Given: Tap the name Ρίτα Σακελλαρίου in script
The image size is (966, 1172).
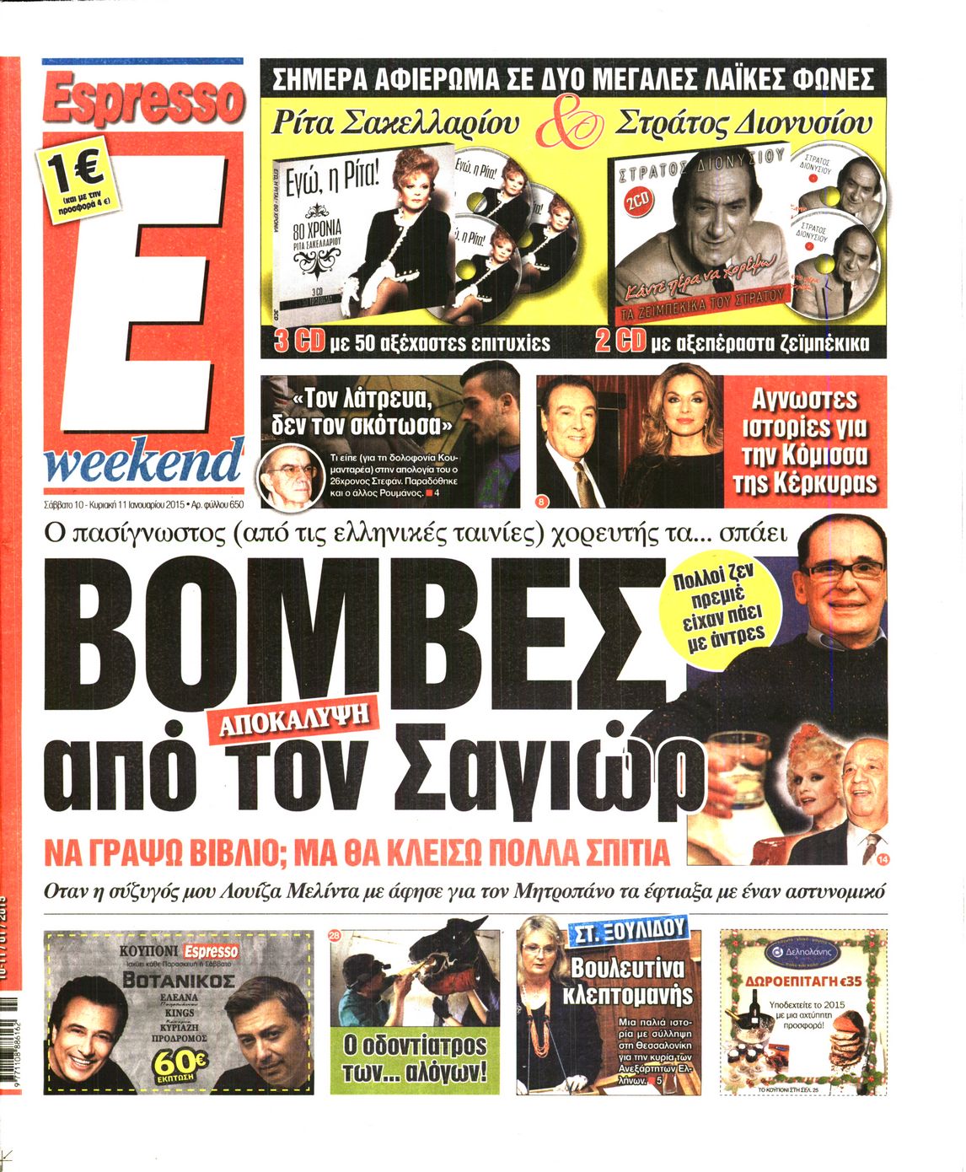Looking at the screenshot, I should tap(394, 123).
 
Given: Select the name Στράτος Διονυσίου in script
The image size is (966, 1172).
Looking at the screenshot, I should tap(743, 123).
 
